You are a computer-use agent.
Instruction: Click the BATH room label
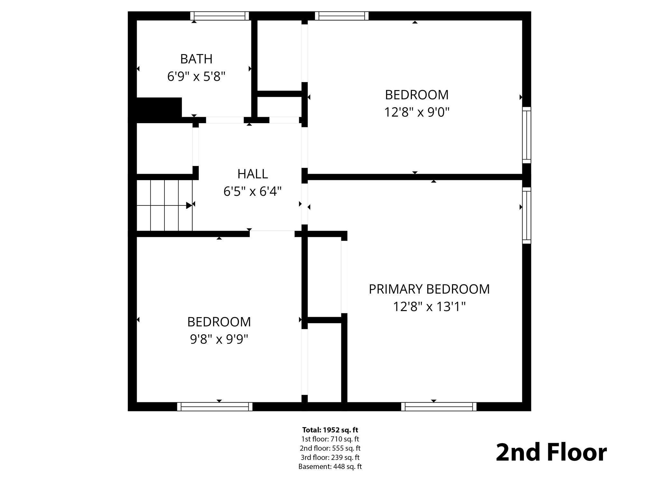(x=196, y=59)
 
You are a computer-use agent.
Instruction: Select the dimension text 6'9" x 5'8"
(x=196, y=77)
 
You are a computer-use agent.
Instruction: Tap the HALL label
(x=253, y=174)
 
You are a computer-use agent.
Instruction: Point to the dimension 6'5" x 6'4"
(x=253, y=192)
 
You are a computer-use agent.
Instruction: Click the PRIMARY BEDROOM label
(x=429, y=289)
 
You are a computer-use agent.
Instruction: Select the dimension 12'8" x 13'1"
(x=429, y=306)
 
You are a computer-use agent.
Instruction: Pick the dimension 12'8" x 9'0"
(x=417, y=112)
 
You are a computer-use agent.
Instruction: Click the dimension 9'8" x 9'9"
(x=219, y=339)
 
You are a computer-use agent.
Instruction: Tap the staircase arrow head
(x=189, y=205)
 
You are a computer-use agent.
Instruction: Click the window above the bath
(x=219, y=16)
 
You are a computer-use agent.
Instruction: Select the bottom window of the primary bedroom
(x=439, y=407)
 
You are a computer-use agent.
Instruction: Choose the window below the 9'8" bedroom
(x=215, y=407)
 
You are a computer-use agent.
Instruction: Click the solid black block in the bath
(x=159, y=108)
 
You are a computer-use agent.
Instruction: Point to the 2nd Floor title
(x=551, y=453)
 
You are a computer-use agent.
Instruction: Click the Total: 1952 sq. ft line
(x=330, y=430)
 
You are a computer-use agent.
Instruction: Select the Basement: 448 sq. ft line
(x=330, y=466)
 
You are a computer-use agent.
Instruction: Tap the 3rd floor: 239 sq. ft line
(x=330, y=457)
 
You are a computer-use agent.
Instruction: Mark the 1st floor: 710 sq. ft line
(x=330, y=439)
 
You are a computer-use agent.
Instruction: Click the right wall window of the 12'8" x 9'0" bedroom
(x=526, y=135)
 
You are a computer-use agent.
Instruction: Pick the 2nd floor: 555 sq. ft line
(x=330, y=448)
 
